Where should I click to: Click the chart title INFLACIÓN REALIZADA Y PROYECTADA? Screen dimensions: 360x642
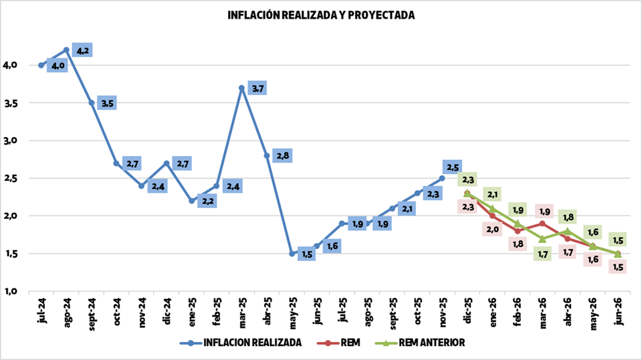click(x=321, y=15)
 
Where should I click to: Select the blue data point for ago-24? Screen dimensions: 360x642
click(x=66, y=50)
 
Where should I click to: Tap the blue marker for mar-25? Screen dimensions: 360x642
click(x=242, y=88)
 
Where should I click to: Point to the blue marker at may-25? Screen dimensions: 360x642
click(x=292, y=254)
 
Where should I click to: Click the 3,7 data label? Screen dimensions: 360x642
click(x=257, y=88)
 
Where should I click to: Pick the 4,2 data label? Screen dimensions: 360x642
click(x=82, y=50)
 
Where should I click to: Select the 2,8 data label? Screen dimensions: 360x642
click(x=282, y=156)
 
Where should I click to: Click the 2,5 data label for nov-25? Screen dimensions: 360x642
click(x=451, y=167)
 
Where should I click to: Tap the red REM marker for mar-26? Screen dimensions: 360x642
click(x=542, y=223)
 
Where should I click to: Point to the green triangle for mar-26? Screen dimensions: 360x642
click(x=542, y=238)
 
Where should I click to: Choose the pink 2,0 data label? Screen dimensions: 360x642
click(x=492, y=230)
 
